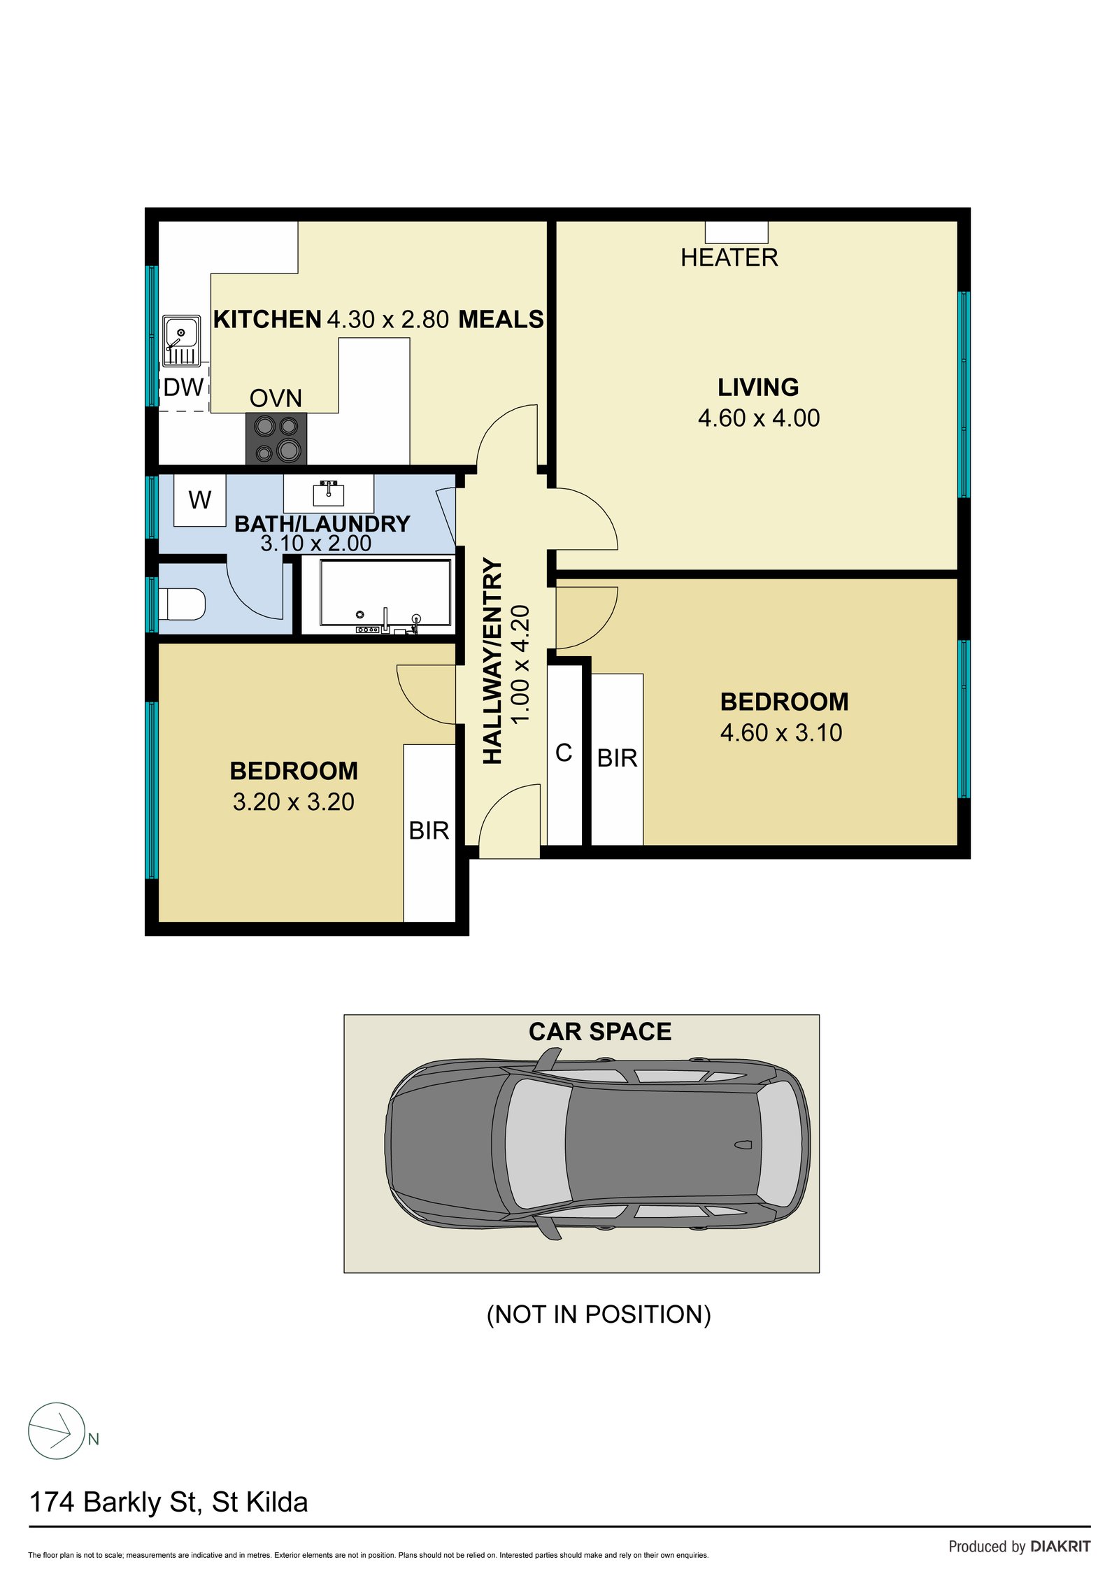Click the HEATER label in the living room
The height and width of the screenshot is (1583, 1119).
729,257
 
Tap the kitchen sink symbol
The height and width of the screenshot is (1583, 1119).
181,341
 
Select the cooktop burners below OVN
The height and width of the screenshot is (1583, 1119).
276,438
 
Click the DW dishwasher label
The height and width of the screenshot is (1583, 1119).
183,387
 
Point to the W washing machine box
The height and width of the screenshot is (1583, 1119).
199,499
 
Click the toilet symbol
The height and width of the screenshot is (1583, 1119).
183,604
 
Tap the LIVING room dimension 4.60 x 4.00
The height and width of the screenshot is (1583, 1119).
758,418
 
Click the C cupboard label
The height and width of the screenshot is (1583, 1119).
564,753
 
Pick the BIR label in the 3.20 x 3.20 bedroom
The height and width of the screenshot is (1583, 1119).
429,830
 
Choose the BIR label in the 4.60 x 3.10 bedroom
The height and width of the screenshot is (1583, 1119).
617,758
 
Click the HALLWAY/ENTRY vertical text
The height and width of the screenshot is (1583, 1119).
493,661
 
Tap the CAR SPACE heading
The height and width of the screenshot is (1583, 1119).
599,1031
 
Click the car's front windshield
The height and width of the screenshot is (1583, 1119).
536,1144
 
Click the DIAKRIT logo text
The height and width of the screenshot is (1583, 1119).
1060,1546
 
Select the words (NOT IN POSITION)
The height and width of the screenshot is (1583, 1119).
599,1314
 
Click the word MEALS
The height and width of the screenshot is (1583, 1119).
501,319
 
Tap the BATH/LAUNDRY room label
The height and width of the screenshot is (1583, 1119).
322,523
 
